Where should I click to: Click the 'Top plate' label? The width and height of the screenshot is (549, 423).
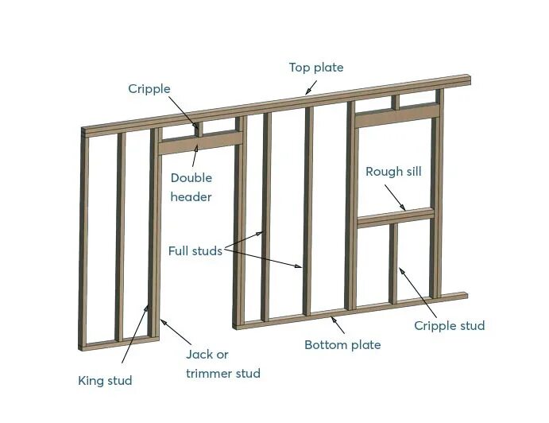click(315, 68)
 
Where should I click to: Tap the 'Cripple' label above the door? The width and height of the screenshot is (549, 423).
click(149, 88)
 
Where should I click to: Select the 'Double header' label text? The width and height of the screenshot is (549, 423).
click(191, 188)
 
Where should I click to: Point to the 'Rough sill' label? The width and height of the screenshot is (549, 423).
click(393, 171)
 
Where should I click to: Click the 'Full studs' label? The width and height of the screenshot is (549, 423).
click(195, 250)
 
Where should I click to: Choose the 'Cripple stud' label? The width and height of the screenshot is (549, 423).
click(449, 325)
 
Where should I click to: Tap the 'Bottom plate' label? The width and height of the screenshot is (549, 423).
click(342, 344)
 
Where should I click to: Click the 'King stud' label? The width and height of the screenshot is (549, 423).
click(105, 380)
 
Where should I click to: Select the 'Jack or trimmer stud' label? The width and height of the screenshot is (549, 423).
click(222, 363)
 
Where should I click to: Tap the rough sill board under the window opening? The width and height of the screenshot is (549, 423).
click(395, 217)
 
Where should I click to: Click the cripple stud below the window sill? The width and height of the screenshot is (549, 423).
click(393, 262)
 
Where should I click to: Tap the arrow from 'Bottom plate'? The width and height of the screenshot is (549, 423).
click(337, 324)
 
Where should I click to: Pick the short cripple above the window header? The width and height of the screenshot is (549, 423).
click(395, 101)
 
